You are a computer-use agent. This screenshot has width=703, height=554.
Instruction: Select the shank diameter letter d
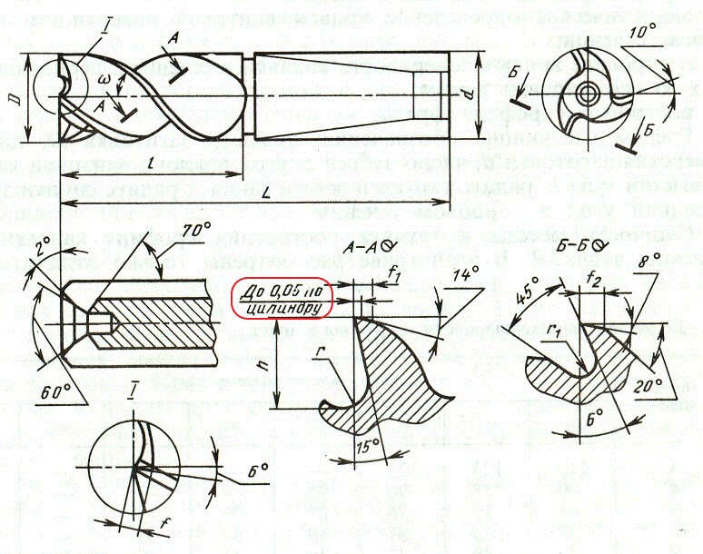(x=489, y=94)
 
